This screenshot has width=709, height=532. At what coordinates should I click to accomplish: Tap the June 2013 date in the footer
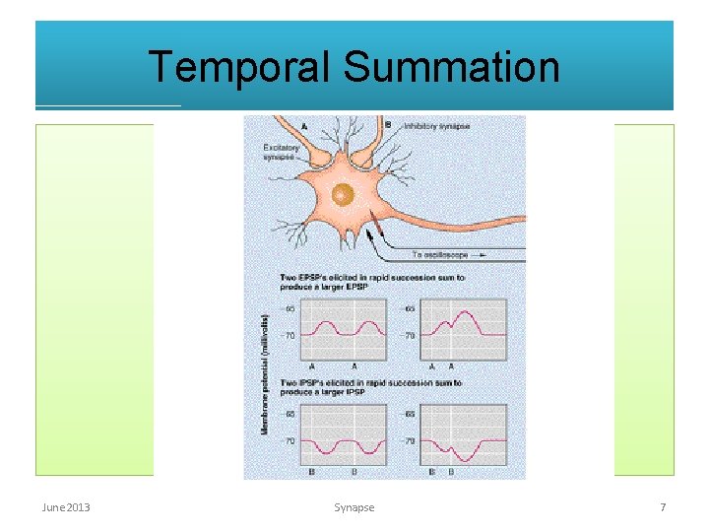(x=66, y=507)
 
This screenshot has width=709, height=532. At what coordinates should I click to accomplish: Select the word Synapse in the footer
(x=354, y=507)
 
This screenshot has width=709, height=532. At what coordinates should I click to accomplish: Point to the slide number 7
(x=663, y=507)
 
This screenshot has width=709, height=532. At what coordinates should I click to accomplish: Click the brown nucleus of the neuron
(x=343, y=194)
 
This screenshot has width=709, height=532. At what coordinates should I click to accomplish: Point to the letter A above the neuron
(x=302, y=126)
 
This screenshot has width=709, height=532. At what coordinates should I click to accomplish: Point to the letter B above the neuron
(x=388, y=125)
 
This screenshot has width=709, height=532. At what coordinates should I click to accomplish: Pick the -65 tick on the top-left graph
(x=290, y=309)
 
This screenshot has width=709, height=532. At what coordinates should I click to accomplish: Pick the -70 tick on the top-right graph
(x=409, y=335)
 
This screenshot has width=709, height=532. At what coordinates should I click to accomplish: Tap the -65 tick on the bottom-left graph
(x=290, y=414)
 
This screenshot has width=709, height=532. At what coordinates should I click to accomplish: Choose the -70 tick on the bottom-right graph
(x=410, y=440)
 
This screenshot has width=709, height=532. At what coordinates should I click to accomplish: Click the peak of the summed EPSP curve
(x=461, y=310)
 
